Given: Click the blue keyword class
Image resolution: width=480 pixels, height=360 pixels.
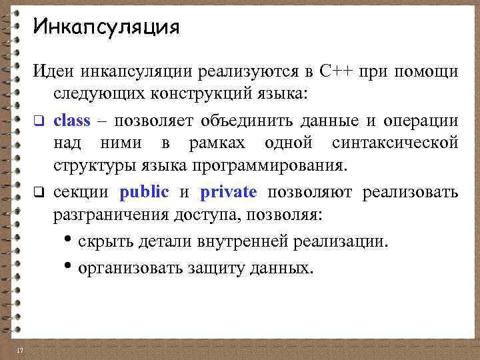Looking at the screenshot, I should point(71,121).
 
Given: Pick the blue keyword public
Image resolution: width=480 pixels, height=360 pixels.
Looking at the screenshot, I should point(145,193).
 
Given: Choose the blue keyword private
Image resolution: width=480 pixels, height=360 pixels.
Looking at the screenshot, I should point(228,193).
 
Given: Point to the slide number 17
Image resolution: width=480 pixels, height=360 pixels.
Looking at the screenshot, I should point(19,351).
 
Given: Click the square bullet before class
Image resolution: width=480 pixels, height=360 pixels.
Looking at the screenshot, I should point(39,122).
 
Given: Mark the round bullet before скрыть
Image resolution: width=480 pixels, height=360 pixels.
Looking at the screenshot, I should point(70,241).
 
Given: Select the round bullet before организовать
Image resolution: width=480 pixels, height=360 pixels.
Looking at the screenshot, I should point(70,267).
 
